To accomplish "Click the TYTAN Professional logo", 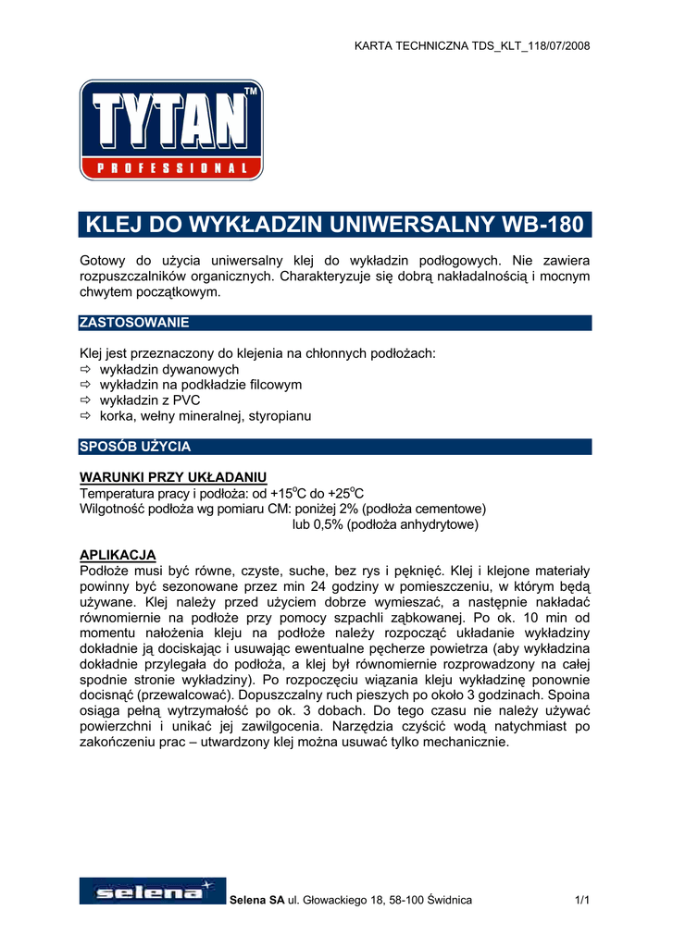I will point(171,129).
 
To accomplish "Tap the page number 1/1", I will point(581,900).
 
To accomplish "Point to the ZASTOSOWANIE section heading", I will point(135,323).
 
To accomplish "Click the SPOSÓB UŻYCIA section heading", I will point(136,447).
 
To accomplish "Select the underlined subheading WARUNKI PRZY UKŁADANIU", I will point(173,476).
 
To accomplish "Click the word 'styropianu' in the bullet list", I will point(279,416).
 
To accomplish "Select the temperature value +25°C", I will point(343,492).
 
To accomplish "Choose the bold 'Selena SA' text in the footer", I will point(255,900).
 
